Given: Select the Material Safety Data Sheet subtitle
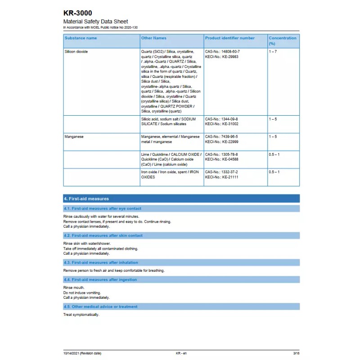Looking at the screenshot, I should pyautogui.click(x=95, y=22).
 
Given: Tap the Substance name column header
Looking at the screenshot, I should pyautogui.click(x=81, y=38).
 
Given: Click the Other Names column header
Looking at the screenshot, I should pyautogui.click(x=153, y=38).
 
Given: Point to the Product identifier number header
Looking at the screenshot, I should pyautogui.click(x=229, y=38).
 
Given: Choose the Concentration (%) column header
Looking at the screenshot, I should pyautogui.click(x=283, y=40).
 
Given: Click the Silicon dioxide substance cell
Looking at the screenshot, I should pyautogui.click(x=76, y=52).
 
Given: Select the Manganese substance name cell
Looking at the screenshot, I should pyautogui.click(x=74, y=136).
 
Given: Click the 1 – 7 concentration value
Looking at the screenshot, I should pyautogui.click(x=273, y=52).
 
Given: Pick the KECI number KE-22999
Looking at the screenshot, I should pyautogui.click(x=221, y=142).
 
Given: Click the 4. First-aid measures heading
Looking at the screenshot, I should pyautogui.click(x=86, y=198).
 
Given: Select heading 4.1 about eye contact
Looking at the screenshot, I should pyautogui.click(x=103, y=208).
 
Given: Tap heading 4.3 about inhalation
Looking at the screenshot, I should pyautogui.click(x=101, y=262).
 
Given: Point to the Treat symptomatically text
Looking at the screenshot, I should pyautogui.click(x=81, y=315).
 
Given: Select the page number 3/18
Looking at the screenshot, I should pyautogui.click(x=296, y=353).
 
